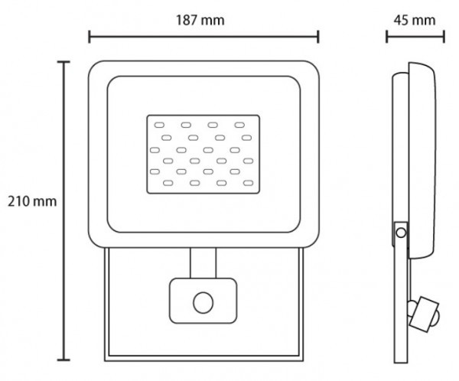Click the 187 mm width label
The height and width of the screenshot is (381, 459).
203,21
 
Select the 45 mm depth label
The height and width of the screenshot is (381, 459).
414,21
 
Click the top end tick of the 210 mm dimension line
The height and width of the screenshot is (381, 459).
63,62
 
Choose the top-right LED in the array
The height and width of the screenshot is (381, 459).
240,124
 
